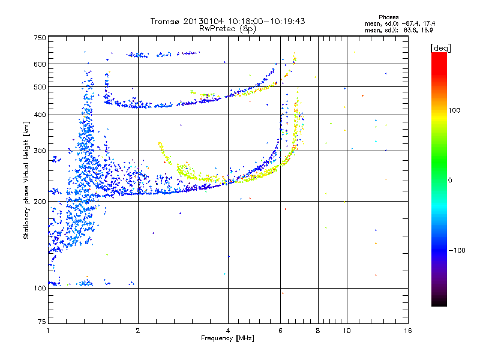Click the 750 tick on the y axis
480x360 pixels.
click(x=40, y=37)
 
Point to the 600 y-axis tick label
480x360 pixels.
click(x=40, y=64)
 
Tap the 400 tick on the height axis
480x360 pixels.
click(x=40, y=115)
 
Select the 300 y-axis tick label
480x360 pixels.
click(x=40, y=151)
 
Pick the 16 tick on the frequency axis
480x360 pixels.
click(x=408, y=331)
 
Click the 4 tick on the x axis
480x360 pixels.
click(x=228, y=331)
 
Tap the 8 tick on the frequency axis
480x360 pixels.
click(x=318, y=331)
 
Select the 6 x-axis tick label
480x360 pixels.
click(x=280, y=331)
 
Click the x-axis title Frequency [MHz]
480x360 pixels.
click(x=227, y=338)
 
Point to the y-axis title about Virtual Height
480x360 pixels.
click(x=26, y=180)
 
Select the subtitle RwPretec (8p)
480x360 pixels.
click(x=228, y=28)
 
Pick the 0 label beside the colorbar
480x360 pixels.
click(x=450, y=180)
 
